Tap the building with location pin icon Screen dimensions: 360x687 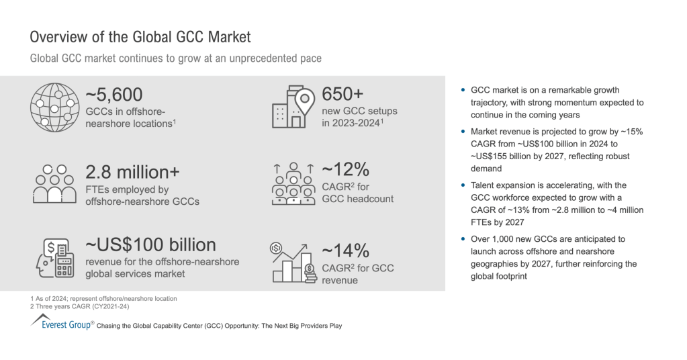pyautogui.click(x=293, y=105)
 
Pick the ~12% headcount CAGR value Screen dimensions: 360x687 pyautogui.click(x=345, y=169)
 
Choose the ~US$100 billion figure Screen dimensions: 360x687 pyautogui.click(x=150, y=244)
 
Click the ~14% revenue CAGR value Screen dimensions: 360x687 pyautogui.click(x=345, y=251)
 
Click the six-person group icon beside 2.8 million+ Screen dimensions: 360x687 pyautogui.click(x=54, y=183)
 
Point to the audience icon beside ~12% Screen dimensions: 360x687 pyautogui.click(x=293, y=183)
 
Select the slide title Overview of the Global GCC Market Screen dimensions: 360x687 pyautogui.click(x=140, y=36)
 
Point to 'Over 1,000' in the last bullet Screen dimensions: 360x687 pyautogui.click(x=493, y=239)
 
